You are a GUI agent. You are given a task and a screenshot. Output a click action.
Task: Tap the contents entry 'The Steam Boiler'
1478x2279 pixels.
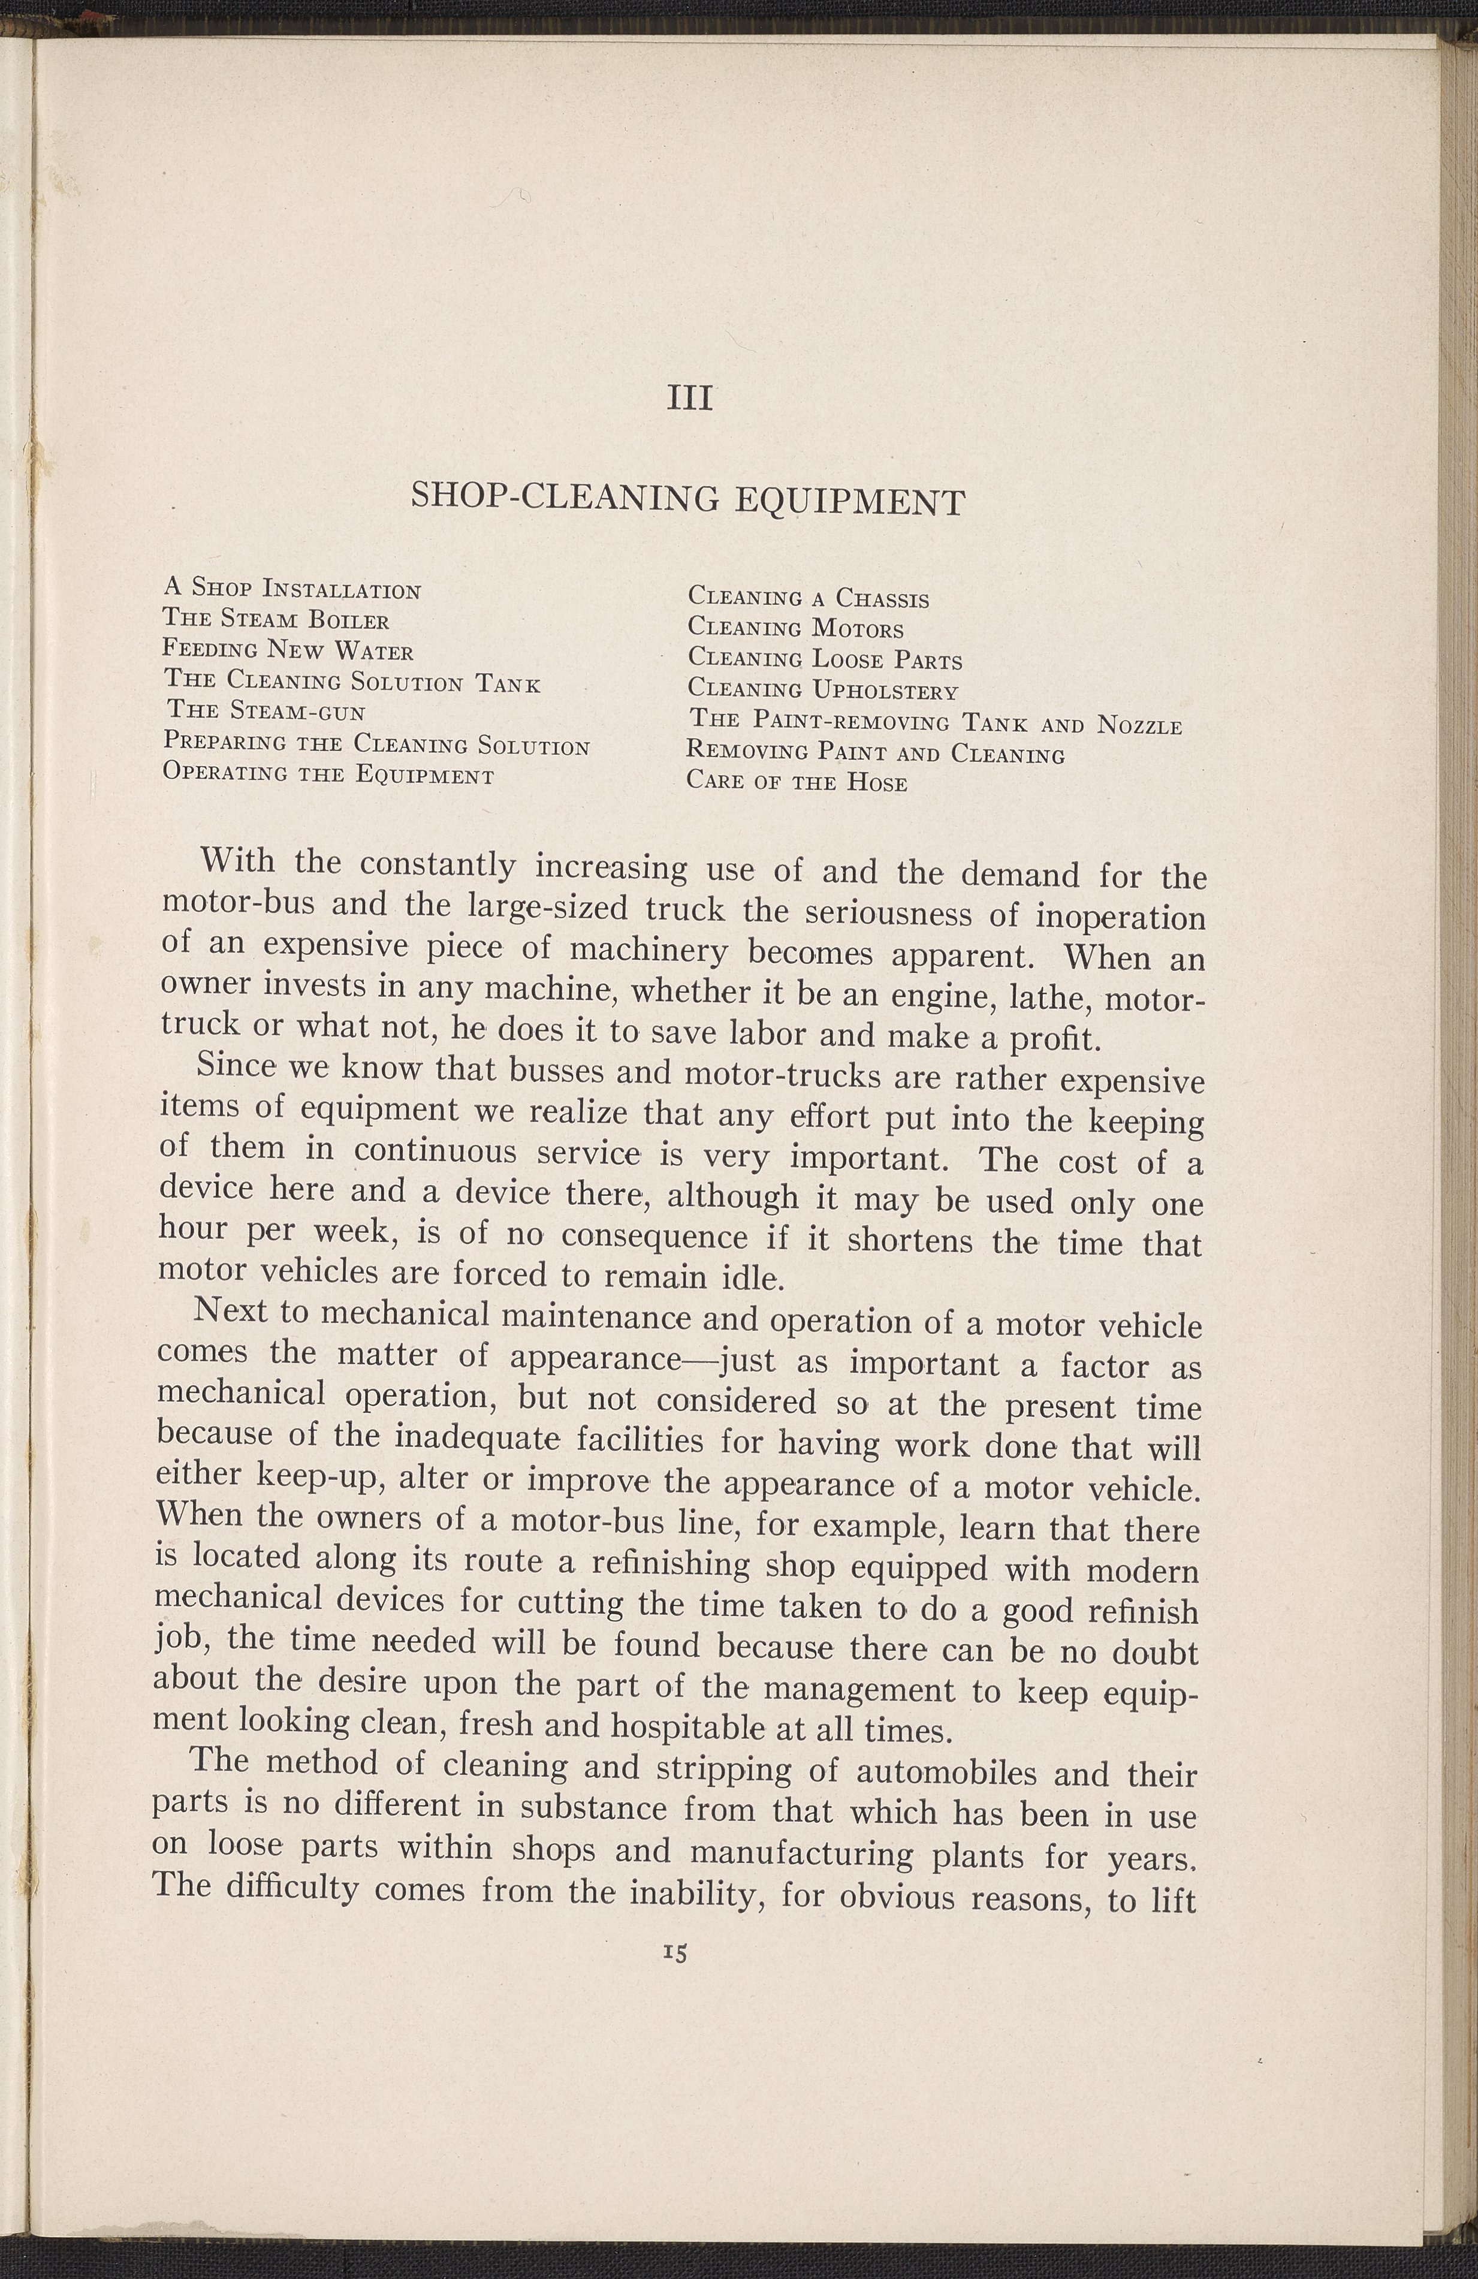coord(276,620)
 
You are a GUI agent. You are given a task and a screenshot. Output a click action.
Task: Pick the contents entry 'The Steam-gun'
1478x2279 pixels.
coord(266,712)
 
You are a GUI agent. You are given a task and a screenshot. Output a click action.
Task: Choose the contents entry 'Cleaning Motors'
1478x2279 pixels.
coord(795,629)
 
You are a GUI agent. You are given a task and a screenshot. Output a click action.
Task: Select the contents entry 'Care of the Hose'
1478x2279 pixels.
coord(797,782)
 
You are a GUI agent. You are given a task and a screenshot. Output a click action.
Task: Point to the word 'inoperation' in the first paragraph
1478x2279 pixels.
coord(1120,917)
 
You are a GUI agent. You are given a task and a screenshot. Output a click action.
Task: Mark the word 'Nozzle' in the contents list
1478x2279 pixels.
coord(1139,725)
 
